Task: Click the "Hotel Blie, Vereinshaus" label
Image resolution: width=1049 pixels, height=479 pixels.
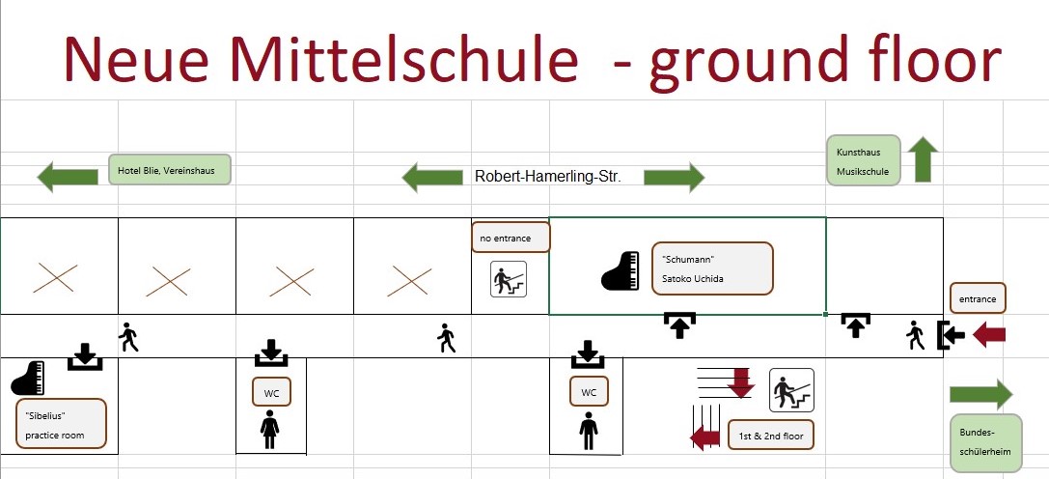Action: click(170, 170)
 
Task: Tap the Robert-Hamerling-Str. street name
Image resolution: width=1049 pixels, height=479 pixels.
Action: click(548, 178)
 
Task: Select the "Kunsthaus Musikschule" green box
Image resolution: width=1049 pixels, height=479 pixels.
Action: click(864, 160)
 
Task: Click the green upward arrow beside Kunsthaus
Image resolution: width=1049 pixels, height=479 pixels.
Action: click(924, 159)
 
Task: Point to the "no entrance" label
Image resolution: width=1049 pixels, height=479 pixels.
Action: click(511, 238)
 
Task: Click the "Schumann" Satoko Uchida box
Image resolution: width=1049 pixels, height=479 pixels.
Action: click(712, 268)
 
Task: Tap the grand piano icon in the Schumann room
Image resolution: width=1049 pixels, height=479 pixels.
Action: click(621, 271)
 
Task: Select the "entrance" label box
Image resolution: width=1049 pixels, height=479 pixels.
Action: click(978, 298)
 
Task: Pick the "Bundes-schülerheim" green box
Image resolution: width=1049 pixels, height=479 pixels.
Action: click(986, 442)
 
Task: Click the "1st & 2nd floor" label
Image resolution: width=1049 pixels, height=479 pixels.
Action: click(771, 436)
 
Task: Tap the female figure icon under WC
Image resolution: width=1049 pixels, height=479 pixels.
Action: click(269, 430)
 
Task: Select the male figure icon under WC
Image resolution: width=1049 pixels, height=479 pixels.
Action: click(589, 431)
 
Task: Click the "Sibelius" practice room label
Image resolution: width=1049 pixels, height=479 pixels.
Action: click(61, 424)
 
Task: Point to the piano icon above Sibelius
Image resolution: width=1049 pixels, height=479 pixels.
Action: click(28, 378)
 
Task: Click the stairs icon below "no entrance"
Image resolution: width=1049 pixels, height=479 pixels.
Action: click(510, 279)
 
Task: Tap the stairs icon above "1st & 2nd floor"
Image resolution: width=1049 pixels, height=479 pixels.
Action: click(791, 390)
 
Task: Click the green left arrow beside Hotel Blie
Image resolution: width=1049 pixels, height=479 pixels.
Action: click(68, 177)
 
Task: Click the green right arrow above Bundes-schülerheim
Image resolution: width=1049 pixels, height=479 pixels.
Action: click(981, 394)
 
